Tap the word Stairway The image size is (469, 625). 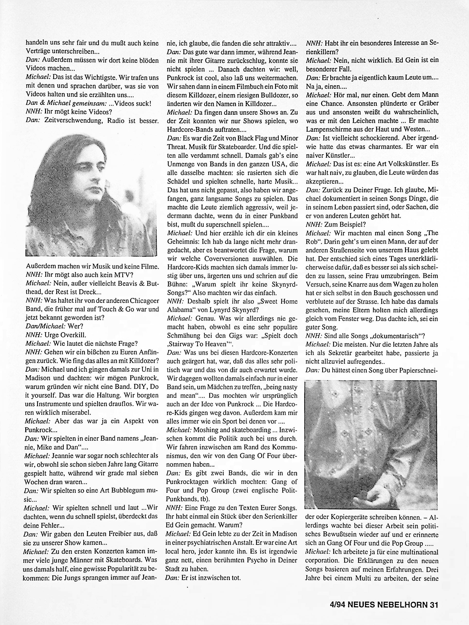pyautogui.click(x=181, y=344)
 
